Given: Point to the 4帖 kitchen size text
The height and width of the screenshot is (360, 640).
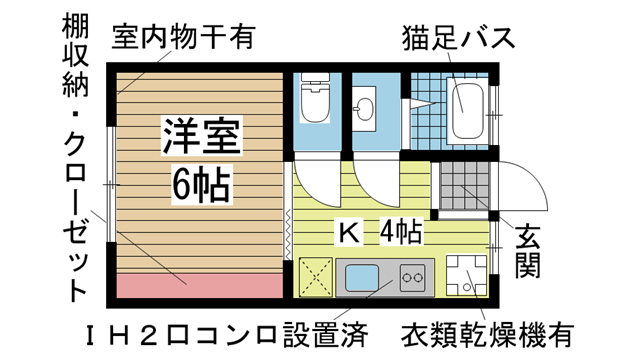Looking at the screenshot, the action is coord(399,233).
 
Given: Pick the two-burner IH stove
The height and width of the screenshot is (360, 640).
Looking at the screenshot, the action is coord(411,275).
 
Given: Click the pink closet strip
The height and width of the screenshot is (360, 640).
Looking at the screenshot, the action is coord(196,286).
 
